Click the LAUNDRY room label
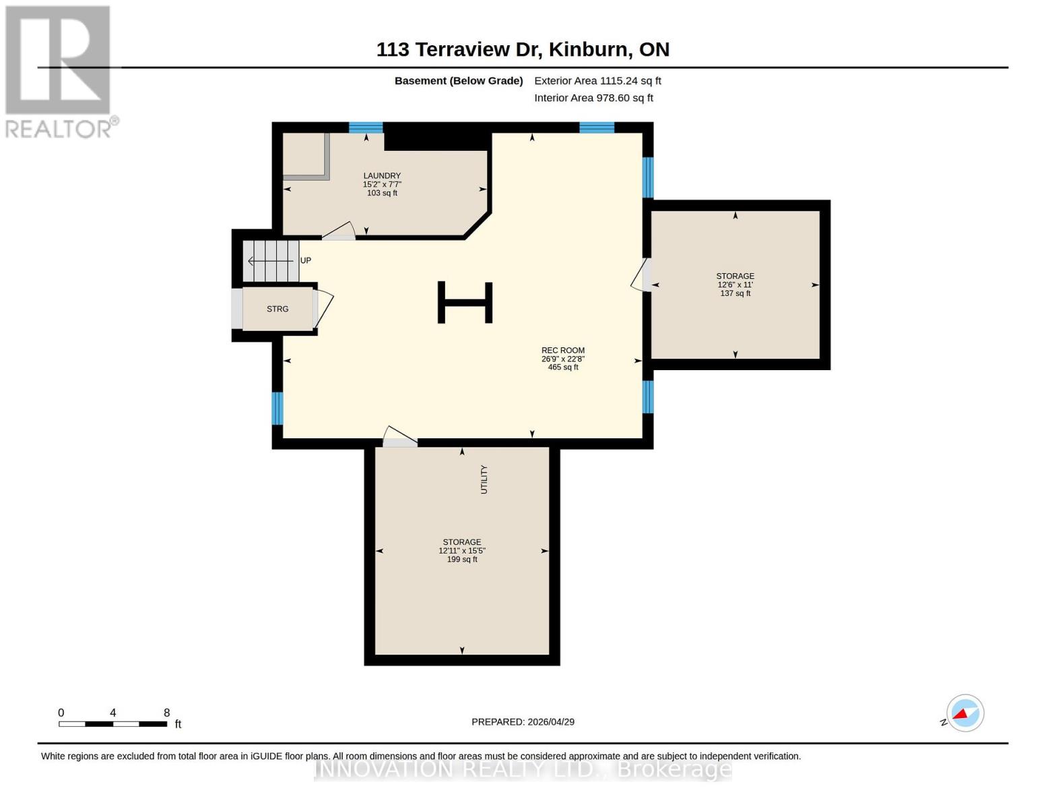(x=382, y=176)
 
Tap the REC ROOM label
(x=562, y=351)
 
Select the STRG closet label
(x=277, y=309)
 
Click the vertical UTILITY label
(x=484, y=479)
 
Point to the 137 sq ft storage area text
(x=735, y=294)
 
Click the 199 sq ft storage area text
(x=462, y=560)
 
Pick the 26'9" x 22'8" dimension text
(x=562, y=359)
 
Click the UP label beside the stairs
(x=306, y=261)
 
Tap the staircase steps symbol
(x=271, y=261)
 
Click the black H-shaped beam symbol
(x=465, y=302)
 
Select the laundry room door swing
(x=339, y=231)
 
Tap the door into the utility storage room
(x=399, y=437)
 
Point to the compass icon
(x=965, y=713)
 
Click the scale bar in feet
(x=112, y=724)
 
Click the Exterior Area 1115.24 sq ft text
(x=597, y=81)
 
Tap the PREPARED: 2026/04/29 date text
(x=523, y=722)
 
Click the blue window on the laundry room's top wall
(x=366, y=127)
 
